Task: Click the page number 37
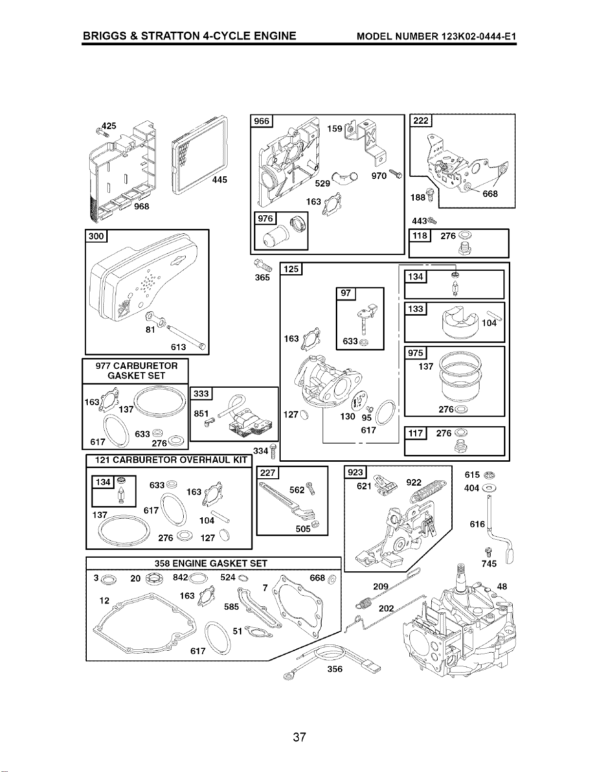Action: point(299,737)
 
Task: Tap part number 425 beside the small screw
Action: point(109,126)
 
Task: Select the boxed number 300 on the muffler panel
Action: point(96,236)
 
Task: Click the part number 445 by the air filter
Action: point(220,180)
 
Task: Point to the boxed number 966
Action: point(262,121)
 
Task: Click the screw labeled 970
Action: point(396,174)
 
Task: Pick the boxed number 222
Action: point(421,121)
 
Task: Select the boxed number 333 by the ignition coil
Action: point(201,394)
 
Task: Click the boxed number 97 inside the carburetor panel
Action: point(346,293)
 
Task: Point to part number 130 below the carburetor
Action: point(347,416)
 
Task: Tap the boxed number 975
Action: point(415,353)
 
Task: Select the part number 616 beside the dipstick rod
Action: point(477,524)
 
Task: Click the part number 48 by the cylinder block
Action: point(502,586)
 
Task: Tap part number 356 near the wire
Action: point(335,669)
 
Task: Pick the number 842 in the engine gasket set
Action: point(180,577)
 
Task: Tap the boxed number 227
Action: point(268,473)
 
